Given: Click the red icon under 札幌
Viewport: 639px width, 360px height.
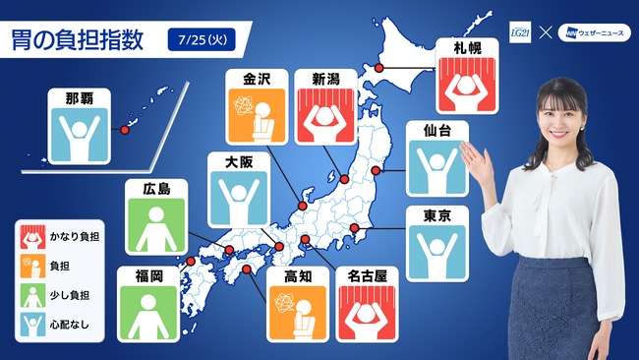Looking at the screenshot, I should click(466, 87).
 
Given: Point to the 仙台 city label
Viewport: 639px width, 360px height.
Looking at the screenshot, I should click(437, 131).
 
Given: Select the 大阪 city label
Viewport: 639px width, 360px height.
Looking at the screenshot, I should click(237, 162).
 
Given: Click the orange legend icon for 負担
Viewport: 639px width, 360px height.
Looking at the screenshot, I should click(30, 265).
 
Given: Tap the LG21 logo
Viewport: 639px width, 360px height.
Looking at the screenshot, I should click(518, 32).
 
